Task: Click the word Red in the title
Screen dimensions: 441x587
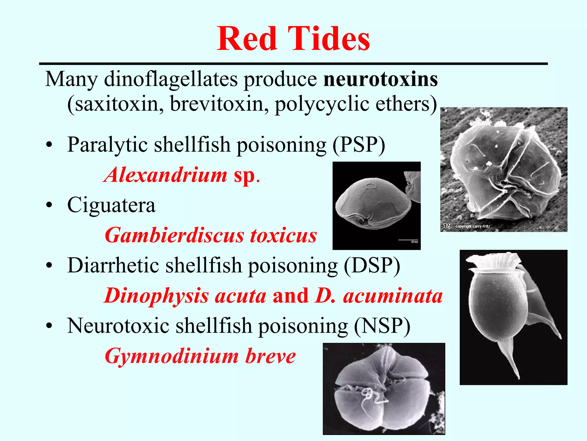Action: pyautogui.click(x=247, y=39)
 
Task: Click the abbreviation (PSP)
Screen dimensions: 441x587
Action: pyautogui.click(x=359, y=144)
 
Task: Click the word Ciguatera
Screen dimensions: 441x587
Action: pyautogui.click(x=111, y=205)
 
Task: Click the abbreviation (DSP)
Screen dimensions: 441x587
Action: pyautogui.click(x=372, y=266)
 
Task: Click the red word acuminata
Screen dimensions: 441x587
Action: pyautogui.click(x=393, y=296)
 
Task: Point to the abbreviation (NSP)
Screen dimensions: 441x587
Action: pyautogui.click(x=382, y=326)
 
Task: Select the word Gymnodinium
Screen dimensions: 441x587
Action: pyautogui.click(x=172, y=356)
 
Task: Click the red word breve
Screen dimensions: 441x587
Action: pyautogui.click(x=270, y=356)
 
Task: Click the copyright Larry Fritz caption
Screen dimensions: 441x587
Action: pyautogui.click(x=473, y=226)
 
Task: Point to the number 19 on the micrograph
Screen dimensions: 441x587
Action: pyautogui.click(x=447, y=226)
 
